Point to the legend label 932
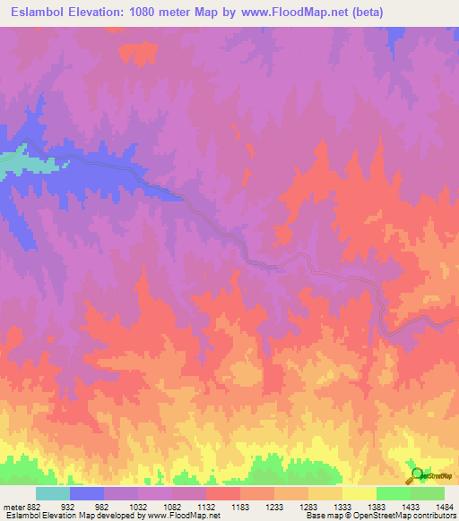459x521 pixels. [68, 507]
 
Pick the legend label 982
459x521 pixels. [102, 507]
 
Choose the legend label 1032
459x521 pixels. [136, 507]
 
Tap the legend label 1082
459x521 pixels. [170, 507]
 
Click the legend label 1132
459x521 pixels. [204, 507]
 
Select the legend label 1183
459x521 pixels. [238, 507]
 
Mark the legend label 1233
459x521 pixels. [273, 507]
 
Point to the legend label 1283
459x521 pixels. [307, 507]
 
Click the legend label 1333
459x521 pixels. [341, 507]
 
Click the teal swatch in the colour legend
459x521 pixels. [53, 493]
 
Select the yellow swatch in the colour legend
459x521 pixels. [359, 493]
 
